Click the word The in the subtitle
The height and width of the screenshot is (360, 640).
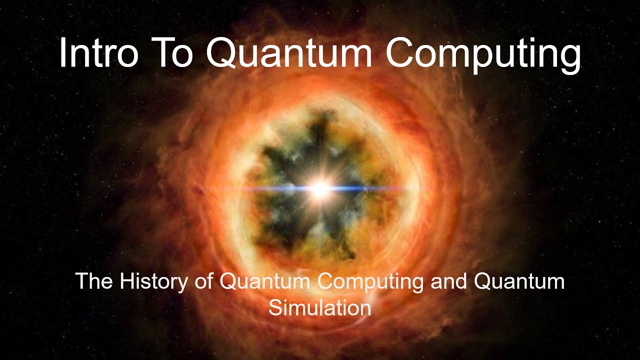click(93, 282)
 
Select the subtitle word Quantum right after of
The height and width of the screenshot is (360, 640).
click(265, 282)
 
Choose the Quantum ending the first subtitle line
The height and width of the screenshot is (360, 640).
click(519, 282)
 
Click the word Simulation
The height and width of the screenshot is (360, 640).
click(320, 307)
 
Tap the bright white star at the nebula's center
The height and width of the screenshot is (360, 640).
click(320, 189)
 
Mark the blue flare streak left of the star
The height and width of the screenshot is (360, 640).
click(280, 189)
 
